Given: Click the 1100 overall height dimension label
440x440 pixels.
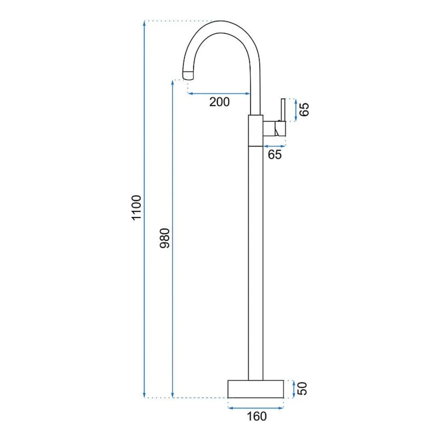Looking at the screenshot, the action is point(137,208).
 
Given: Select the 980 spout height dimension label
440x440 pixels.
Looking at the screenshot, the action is point(165,238).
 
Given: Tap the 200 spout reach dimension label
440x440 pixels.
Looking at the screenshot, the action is point(220,102).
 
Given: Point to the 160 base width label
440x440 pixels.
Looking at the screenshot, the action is point(257,416).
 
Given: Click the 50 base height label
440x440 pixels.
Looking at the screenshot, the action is point(302,389).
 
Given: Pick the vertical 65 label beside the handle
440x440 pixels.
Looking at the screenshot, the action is point(304,110).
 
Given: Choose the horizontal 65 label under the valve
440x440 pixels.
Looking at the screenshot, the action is point(275,154).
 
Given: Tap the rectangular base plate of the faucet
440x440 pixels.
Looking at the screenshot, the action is point(256,389).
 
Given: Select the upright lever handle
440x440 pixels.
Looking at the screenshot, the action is point(283,110).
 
